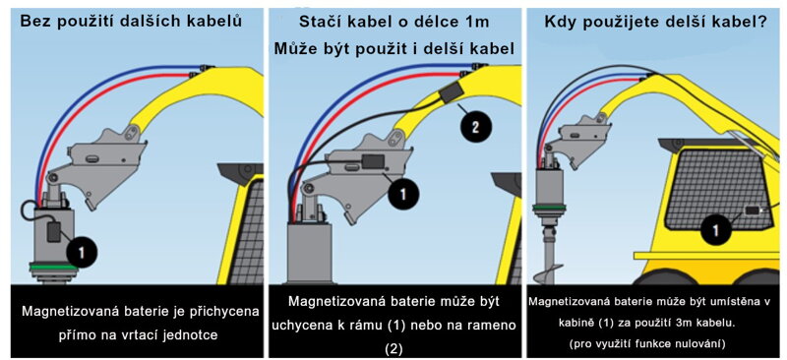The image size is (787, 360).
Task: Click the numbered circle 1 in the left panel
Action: (84, 253)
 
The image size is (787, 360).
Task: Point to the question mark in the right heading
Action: (764, 20)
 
